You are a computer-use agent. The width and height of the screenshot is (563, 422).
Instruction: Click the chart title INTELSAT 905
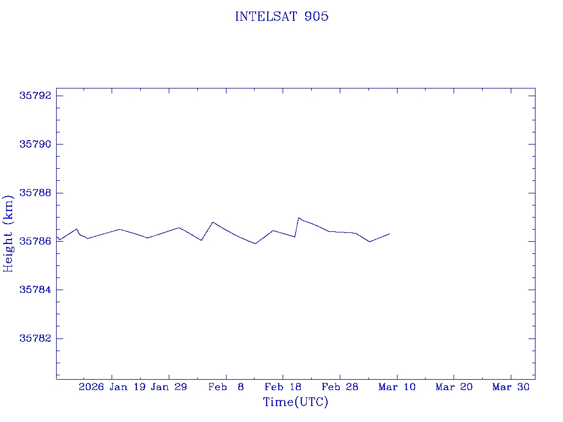click(x=281, y=16)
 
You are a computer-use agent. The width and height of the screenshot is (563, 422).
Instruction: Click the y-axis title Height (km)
click(x=8, y=233)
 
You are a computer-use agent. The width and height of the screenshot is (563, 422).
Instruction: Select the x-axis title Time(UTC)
click(x=295, y=402)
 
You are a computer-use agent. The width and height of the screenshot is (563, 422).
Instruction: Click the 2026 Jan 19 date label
click(x=112, y=387)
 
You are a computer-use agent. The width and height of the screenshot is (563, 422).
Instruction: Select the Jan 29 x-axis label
click(x=169, y=387)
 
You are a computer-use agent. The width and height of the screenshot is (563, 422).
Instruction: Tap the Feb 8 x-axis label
click(x=226, y=387)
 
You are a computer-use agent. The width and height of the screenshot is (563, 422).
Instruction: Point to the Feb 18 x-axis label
click(x=283, y=387)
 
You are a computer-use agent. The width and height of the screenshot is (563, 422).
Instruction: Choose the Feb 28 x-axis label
click(x=340, y=387)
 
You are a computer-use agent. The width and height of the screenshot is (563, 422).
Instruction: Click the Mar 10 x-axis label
click(x=397, y=387)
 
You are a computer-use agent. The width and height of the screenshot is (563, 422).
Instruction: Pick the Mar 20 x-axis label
click(x=454, y=387)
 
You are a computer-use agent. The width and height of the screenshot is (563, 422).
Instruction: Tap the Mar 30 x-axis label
click(x=511, y=387)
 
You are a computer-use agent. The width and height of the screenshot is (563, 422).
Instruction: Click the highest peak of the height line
click(x=299, y=218)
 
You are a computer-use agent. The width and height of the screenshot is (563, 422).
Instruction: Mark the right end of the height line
click(x=389, y=234)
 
